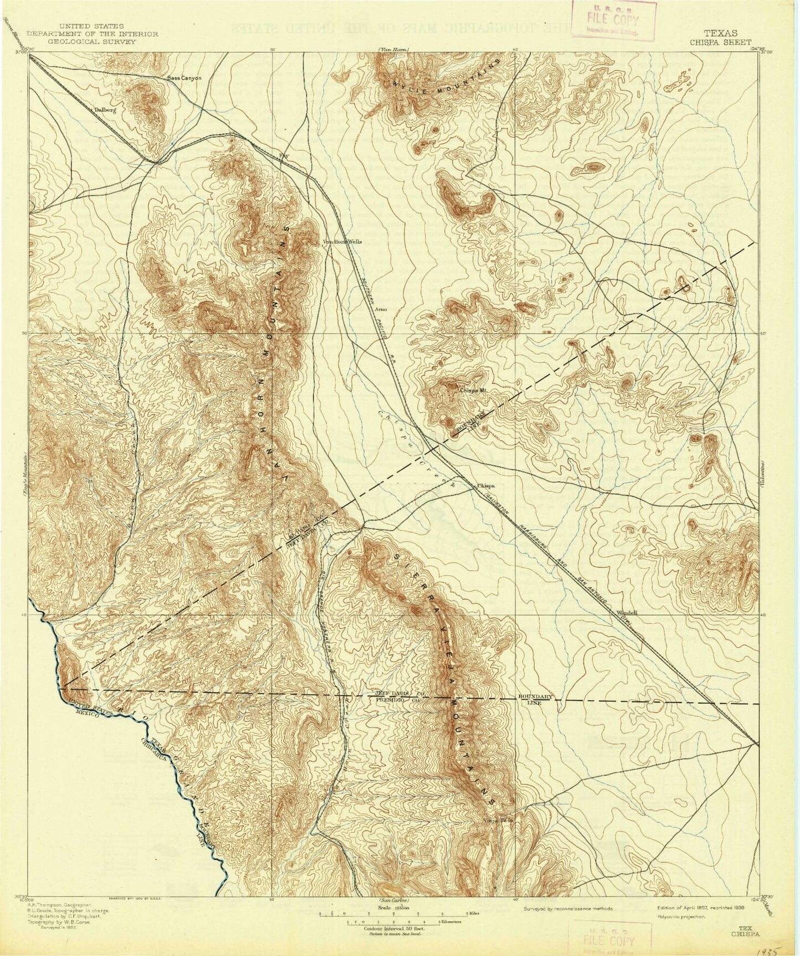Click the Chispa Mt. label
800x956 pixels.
(473, 389)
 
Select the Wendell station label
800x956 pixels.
(627, 612)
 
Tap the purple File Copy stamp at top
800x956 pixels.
(614, 20)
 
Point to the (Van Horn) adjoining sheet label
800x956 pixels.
(394, 50)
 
